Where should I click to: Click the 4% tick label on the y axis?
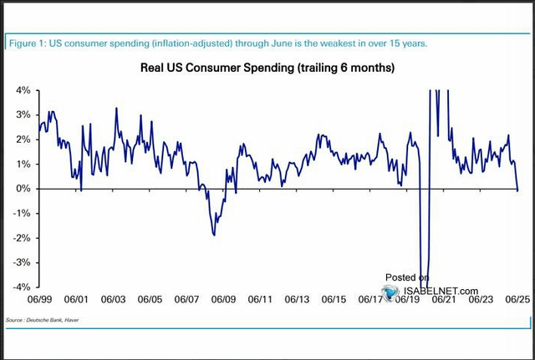tap(20, 90)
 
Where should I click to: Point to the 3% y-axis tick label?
tap(20, 114)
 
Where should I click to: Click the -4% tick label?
tap(18, 286)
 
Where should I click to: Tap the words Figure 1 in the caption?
tap(28, 43)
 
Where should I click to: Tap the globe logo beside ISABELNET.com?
tap(390, 292)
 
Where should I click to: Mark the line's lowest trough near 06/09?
tap(214, 235)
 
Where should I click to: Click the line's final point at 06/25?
tap(517, 190)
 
